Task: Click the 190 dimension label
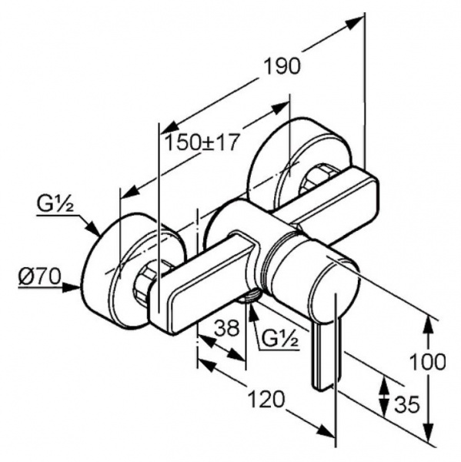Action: tap(282, 66)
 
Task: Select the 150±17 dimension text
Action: tap(201, 142)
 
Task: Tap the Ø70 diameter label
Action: tap(39, 277)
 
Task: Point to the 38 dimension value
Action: tap(226, 328)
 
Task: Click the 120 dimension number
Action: tap(267, 400)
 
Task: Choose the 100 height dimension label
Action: tap(428, 362)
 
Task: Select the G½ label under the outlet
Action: tap(280, 339)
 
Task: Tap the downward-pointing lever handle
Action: tap(328, 355)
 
